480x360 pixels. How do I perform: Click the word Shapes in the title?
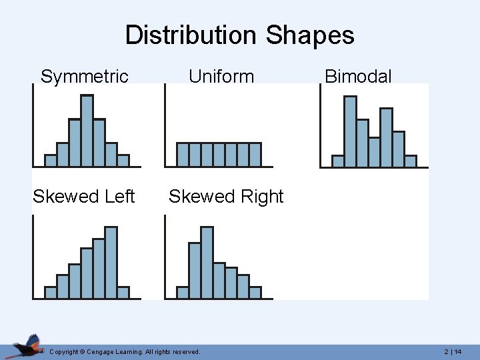pos(310,35)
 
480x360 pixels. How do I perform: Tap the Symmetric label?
pos(84,77)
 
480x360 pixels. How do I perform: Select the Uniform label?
pos(221,77)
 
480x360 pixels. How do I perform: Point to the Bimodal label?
pos(358,77)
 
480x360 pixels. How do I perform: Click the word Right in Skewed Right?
pos(263,197)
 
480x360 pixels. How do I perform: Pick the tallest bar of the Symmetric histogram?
pos(87,130)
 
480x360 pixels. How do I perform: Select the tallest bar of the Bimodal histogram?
pos(350,131)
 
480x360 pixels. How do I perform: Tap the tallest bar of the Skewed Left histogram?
pos(111,261)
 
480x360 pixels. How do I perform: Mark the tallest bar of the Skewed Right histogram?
pos(207,261)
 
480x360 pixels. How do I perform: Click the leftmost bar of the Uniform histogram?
pos(182,155)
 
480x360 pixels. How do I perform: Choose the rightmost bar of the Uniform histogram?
pos(255,155)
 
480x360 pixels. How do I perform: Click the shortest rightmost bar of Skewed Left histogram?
pos(123,292)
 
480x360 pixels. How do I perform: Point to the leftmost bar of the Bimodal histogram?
pos(338,161)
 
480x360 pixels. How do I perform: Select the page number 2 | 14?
pos(453,351)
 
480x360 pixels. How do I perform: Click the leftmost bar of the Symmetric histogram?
pos(50,160)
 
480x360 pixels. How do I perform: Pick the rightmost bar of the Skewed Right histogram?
pos(255,292)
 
